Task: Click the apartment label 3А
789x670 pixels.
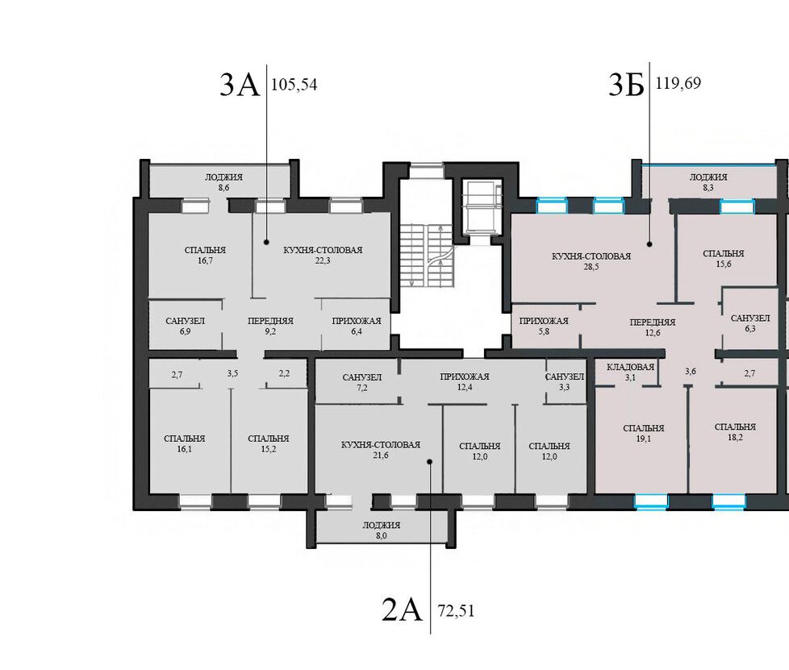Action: tap(240, 85)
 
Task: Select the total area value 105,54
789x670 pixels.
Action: tap(294, 85)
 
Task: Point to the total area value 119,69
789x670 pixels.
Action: tap(678, 82)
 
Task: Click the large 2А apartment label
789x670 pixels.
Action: tap(402, 610)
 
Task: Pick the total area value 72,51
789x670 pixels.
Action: tap(457, 611)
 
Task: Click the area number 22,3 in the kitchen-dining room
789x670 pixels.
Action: tap(323, 260)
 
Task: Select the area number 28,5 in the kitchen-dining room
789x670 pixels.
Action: tap(591, 267)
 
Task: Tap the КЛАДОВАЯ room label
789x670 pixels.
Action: tap(631, 367)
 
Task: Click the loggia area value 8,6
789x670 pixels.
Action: tap(224, 188)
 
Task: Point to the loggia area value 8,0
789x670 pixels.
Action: tap(382, 535)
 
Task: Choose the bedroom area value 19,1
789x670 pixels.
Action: tap(644, 439)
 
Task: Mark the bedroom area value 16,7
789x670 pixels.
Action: tap(205, 260)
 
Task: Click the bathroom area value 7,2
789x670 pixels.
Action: tap(362, 388)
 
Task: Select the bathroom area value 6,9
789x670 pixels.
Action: tap(186, 331)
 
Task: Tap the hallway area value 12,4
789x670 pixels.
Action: tap(465, 387)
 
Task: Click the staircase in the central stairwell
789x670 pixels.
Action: tap(427, 256)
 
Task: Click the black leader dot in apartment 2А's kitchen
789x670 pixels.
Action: tap(430, 461)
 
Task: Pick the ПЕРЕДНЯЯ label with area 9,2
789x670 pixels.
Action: tap(270, 321)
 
